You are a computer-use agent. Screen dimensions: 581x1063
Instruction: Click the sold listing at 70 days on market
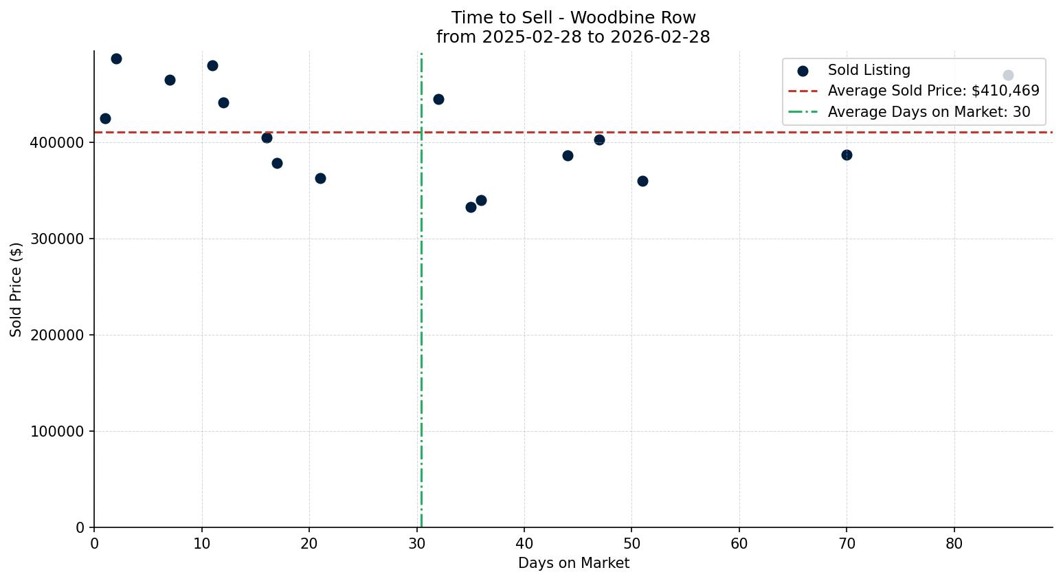pos(847,155)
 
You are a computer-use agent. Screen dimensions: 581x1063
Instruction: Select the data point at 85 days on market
pos(1008,75)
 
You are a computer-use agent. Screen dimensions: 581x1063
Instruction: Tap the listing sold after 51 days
pos(642,181)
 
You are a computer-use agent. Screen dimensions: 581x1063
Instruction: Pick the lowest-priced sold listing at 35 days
pos(471,207)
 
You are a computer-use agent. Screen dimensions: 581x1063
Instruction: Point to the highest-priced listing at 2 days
pos(116,58)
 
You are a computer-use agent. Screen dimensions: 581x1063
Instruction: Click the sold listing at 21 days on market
pos(320,178)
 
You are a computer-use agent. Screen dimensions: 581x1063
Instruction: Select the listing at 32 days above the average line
pos(438,99)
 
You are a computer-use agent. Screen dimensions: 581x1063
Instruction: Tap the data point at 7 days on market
pos(170,80)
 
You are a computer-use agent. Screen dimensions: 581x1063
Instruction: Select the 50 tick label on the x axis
pos(631,544)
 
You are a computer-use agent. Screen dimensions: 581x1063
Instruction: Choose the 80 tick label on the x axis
pos(954,544)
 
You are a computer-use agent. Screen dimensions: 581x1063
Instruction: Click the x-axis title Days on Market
pos(573,563)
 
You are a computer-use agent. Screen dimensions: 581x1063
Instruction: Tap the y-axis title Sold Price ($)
pos(16,289)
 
